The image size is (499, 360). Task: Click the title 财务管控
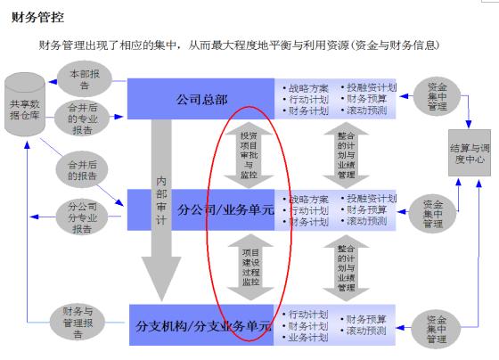[x=37, y=17]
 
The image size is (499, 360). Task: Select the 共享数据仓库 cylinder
[x=25, y=104]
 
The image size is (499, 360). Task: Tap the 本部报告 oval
[x=85, y=79]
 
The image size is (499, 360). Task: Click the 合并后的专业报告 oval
[x=83, y=119]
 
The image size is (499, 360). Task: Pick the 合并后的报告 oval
[x=82, y=170]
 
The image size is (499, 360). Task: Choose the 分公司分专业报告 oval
[x=82, y=217]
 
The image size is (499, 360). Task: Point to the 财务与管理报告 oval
[x=78, y=323]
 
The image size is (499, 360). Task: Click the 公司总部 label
[x=201, y=100]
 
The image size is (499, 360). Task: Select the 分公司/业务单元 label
[x=225, y=210]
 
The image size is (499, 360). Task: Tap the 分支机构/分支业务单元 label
[x=204, y=326]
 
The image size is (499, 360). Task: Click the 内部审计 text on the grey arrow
[x=161, y=200]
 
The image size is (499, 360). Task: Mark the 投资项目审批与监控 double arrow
[x=249, y=155]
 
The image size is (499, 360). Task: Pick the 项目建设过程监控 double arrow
[x=250, y=267]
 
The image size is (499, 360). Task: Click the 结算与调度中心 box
[x=470, y=152]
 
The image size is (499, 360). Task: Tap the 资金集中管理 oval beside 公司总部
[x=437, y=96]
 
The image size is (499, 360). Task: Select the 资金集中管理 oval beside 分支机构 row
[x=437, y=329]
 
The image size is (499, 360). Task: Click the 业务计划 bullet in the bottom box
[x=308, y=338]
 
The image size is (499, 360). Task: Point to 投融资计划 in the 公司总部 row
[x=372, y=87]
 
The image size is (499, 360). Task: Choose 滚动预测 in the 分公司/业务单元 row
[x=366, y=221]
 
